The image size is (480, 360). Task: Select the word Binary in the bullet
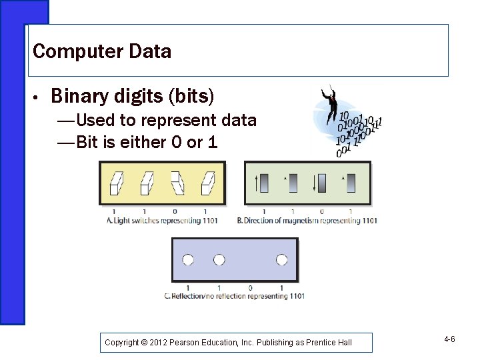click(78, 97)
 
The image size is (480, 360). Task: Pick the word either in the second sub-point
click(139, 142)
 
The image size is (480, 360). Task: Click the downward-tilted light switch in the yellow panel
click(177, 183)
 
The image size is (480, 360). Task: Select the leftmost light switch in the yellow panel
click(116, 183)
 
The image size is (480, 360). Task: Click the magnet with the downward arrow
click(322, 183)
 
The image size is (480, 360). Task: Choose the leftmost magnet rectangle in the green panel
click(264, 183)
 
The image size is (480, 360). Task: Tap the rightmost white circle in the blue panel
click(282, 259)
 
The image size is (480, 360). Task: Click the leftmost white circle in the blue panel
click(188, 259)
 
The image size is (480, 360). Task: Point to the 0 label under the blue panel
click(251, 288)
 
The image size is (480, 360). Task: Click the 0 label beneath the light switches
click(175, 212)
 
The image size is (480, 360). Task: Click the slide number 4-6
click(449, 340)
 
